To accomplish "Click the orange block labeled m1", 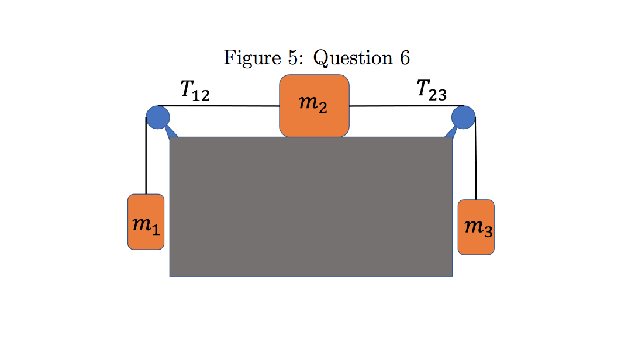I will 146,222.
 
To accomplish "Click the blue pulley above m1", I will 157,117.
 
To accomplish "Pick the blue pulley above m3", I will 463,117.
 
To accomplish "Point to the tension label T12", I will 194,91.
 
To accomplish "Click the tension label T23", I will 432,91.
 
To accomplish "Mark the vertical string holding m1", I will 146,158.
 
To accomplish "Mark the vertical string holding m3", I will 476,161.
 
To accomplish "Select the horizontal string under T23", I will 403,106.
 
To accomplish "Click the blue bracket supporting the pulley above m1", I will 171,133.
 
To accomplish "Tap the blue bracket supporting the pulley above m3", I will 451,133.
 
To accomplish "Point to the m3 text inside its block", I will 478,227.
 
